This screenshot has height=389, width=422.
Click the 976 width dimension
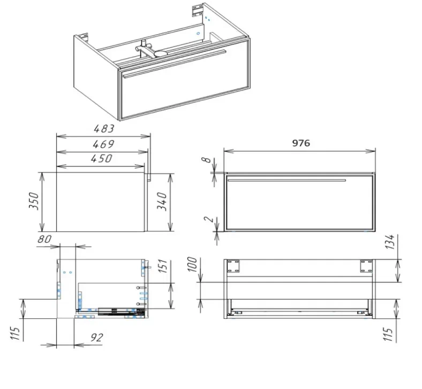[x=301, y=143]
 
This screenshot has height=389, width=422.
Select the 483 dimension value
[x=104, y=129]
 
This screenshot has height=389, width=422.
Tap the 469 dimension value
[x=103, y=144]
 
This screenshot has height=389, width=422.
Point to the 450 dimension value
[x=101, y=158]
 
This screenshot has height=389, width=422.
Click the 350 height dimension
[x=34, y=201]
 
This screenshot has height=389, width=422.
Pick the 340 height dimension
[x=162, y=202]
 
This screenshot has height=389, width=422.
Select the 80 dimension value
[x=44, y=239]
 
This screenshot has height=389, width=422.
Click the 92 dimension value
[x=96, y=338]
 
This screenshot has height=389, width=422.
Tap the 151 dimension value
[x=163, y=266]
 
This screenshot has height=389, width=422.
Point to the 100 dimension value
[x=193, y=264]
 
